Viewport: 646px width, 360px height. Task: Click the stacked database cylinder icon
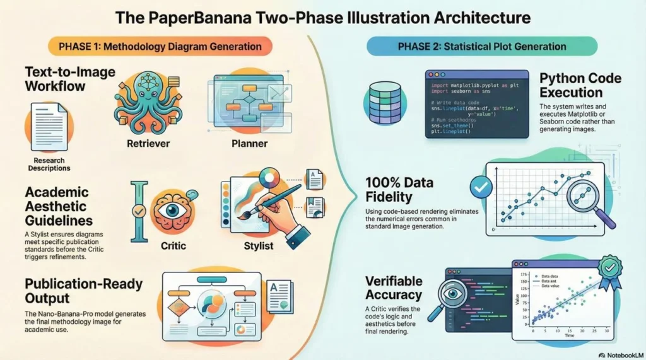pos(380,102)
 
